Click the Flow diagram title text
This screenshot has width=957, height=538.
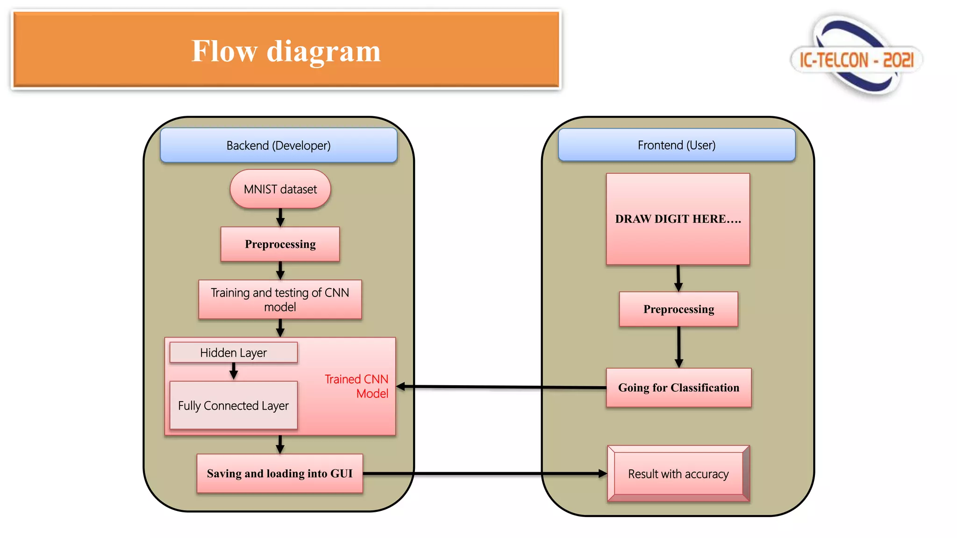pyautogui.click(x=286, y=51)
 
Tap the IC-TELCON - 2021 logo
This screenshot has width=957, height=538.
pyautogui.click(x=856, y=57)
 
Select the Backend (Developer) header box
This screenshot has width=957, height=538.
pyautogui.click(x=279, y=145)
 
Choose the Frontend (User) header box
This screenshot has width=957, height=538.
pyautogui.click(x=677, y=145)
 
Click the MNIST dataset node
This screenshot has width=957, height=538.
pyautogui.click(x=280, y=189)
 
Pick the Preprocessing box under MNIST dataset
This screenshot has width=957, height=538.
pyautogui.click(x=280, y=244)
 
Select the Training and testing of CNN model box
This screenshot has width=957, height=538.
pyautogui.click(x=280, y=299)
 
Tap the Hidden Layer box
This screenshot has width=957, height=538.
pyautogui.click(x=234, y=353)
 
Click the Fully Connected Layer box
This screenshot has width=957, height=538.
pyautogui.click(x=234, y=405)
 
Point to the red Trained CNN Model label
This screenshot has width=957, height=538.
pyautogui.click(x=357, y=386)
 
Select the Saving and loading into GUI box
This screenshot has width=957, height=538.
pyautogui.click(x=280, y=474)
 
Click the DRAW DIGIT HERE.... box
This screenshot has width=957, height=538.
pyautogui.click(x=678, y=219)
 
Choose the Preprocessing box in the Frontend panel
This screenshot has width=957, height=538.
pyautogui.click(x=678, y=309)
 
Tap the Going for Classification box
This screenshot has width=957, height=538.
pyautogui.click(x=678, y=388)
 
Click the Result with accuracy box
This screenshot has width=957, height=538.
pyautogui.click(x=678, y=474)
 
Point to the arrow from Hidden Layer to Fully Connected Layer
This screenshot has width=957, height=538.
pyautogui.click(x=234, y=371)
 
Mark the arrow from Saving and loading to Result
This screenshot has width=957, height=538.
pyautogui.click(x=485, y=474)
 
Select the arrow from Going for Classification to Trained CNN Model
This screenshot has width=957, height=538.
pyautogui.click(x=501, y=387)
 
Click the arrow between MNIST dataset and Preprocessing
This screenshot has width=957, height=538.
pyautogui.click(x=280, y=218)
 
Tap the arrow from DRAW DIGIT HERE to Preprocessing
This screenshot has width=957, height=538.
pyautogui.click(x=678, y=278)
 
